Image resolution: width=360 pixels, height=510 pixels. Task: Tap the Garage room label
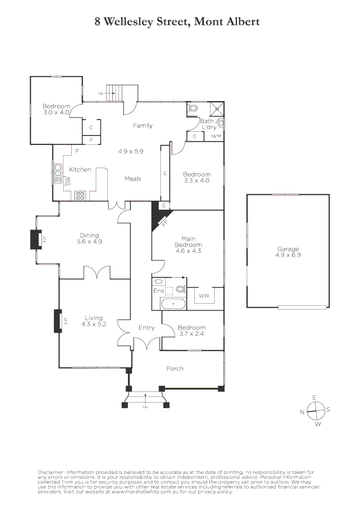[288, 249]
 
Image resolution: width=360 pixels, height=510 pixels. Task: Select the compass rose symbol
[315, 410]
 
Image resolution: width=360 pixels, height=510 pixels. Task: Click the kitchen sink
[59, 173]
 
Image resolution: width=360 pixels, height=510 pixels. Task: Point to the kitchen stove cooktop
[80, 195]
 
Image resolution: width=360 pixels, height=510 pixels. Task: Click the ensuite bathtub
[174, 303]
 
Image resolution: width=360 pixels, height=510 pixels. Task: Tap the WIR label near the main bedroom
[204, 296]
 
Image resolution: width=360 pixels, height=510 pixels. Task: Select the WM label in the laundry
[216, 136]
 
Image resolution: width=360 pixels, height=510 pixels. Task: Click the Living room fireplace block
[58, 321]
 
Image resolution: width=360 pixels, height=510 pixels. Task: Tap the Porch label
[175, 368]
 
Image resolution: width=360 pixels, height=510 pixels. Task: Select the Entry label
[146, 327]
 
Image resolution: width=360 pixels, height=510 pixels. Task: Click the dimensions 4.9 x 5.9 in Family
[130, 152]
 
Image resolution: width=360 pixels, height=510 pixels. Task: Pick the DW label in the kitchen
[68, 180]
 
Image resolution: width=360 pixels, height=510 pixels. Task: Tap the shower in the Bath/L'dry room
[218, 108]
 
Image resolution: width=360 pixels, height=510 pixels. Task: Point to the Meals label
[133, 178]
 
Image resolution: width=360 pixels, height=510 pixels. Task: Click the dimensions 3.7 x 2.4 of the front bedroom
[192, 334]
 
